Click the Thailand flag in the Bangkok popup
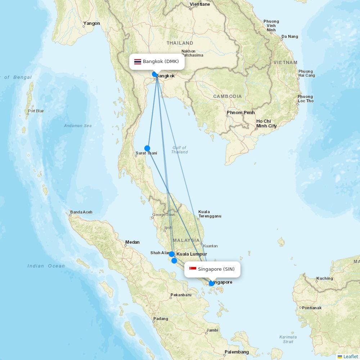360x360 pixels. point(138,62)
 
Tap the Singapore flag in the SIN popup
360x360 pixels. point(193,269)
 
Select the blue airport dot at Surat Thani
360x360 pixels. point(147,148)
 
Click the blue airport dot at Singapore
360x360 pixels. point(212,283)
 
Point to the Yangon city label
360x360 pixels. point(91,23)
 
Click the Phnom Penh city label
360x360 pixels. point(240,113)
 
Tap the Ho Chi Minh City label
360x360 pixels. point(266,123)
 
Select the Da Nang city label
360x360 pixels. point(290,36)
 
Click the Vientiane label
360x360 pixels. point(199,4)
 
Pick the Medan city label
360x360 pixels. point(132,242)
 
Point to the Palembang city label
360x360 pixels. point(237,352)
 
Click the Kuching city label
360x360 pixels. point(325,278)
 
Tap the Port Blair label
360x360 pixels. point(36,111)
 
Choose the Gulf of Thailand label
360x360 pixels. point(179,150)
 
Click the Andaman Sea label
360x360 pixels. point(78,126)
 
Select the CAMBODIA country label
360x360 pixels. point(227,96)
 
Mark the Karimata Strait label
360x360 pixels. point(288,339)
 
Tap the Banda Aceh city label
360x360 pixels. point(81,212)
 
